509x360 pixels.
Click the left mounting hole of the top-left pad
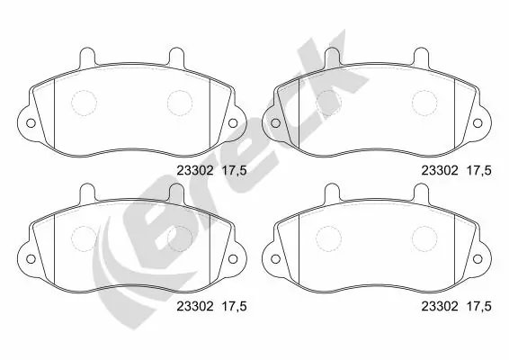coord(29,123)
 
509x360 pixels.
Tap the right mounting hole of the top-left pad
coord(231,123)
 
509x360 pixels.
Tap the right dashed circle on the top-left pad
coord(179,103)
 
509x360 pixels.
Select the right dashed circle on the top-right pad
coord(424,103)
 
